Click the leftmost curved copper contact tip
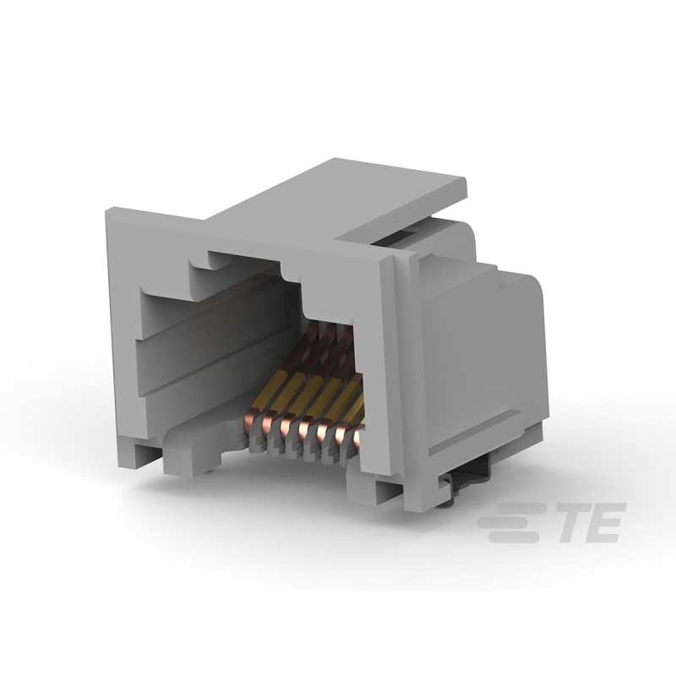[252, 417]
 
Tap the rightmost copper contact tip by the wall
[362, 435]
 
